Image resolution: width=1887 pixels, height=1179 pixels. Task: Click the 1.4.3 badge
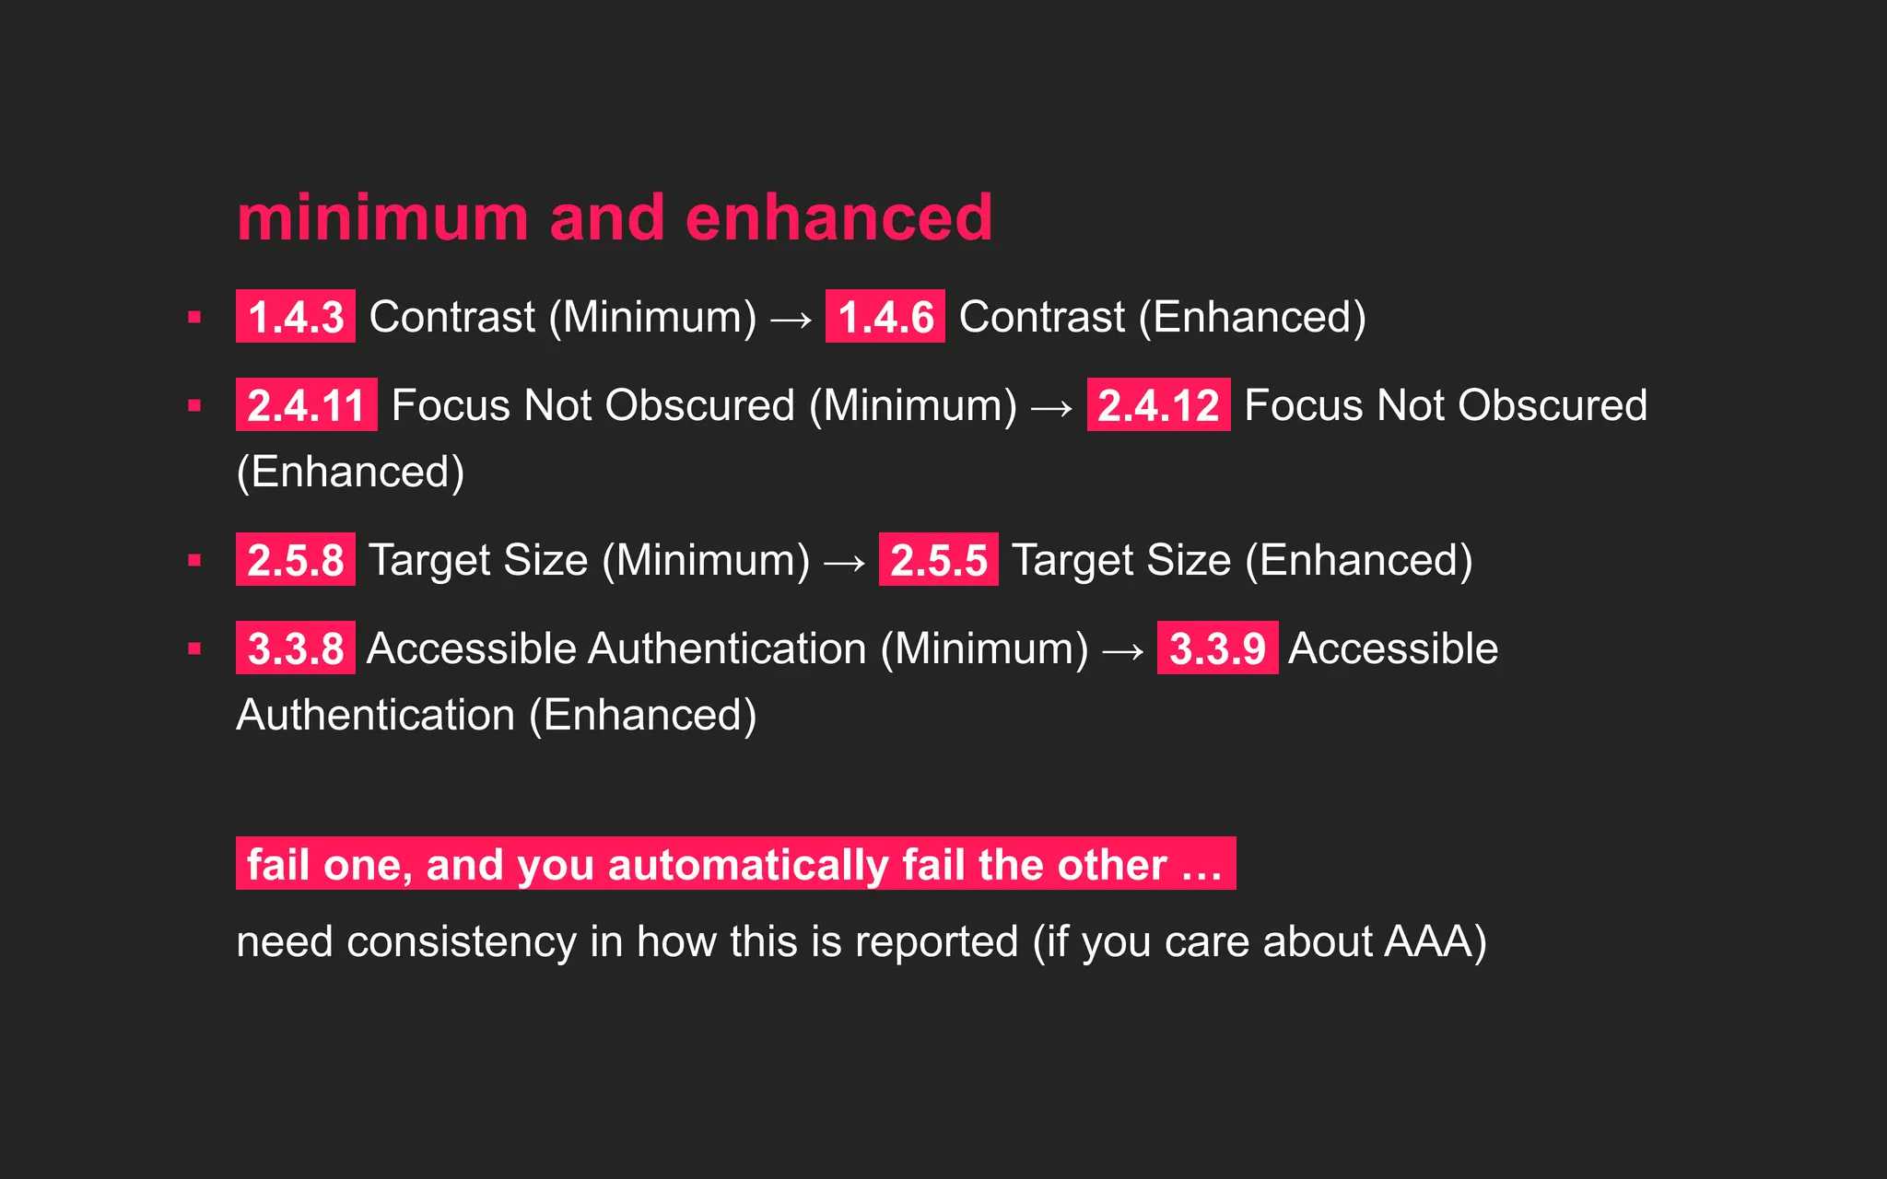click(x=296, y=316)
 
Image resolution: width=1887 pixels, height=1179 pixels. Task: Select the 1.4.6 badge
click(x=885, y=316)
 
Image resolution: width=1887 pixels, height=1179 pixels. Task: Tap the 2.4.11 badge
click(x=307, y=404)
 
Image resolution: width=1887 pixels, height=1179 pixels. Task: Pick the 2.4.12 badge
click(x=1158, y=404)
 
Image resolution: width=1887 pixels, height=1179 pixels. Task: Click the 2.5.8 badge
click(x=296, y=559)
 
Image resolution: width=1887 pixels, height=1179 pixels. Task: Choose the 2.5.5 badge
click(x=939, y=559)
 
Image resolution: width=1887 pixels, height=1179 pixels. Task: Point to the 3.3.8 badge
click(x=296, y=648)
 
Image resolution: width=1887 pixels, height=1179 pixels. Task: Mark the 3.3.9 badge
click(x=1217, y=648)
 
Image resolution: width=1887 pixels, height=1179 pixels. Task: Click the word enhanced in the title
click(x=838, y=218)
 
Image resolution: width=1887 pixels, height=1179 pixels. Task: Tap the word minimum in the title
click(x=383, y=218)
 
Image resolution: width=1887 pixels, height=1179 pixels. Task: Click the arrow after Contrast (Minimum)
click(x=791, y=320)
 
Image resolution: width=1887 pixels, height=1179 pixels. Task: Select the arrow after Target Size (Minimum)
click(x=845, y=563)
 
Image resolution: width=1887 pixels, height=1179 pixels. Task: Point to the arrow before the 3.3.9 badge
click(x=1123, y=651)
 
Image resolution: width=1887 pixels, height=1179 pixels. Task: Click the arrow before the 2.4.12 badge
click(x=1052, y=408)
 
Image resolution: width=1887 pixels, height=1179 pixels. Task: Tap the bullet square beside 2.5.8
click(x=194, y=560)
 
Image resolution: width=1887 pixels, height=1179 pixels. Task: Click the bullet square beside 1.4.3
click(x=194, y=317)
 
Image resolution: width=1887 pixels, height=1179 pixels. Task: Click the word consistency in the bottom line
click(x=462, y=941)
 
